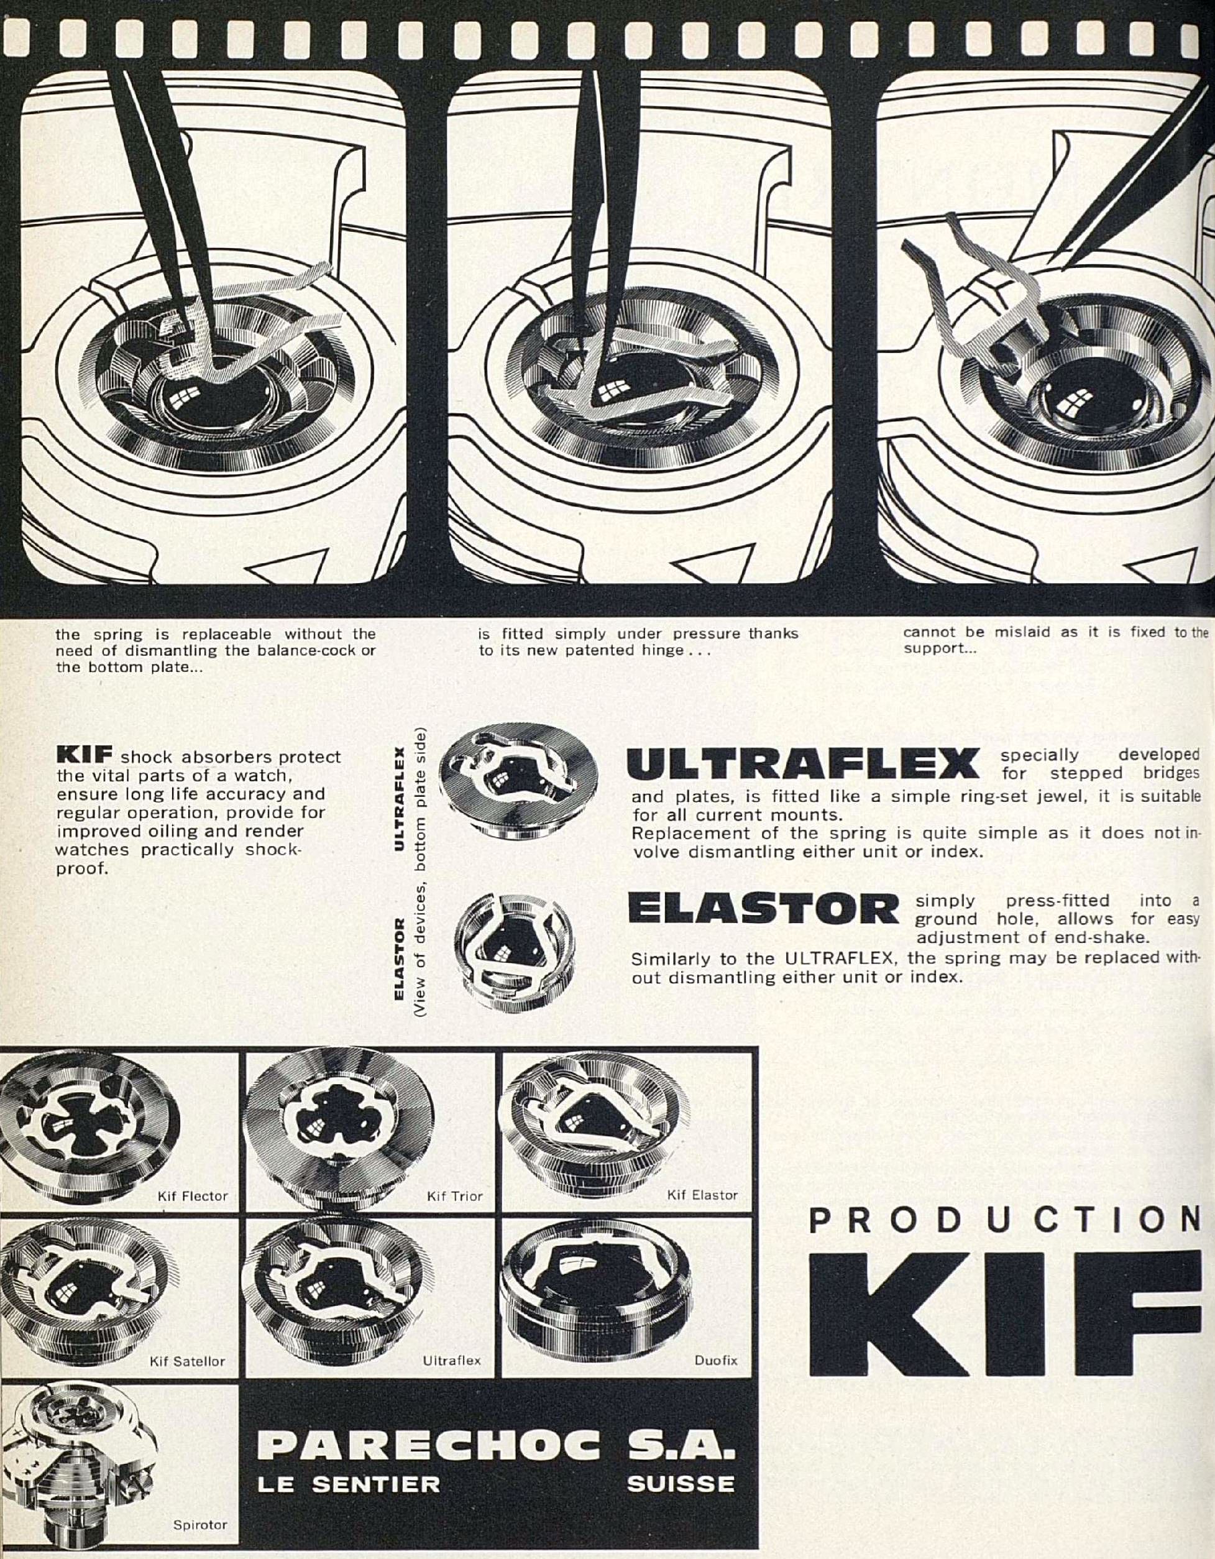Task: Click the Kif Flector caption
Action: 192,1195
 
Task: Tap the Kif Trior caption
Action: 455,1195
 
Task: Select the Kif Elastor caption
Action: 702,1194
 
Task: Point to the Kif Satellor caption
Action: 187,1361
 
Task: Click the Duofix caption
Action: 716,1361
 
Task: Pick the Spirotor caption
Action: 200,1525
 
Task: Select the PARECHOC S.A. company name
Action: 495,1428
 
